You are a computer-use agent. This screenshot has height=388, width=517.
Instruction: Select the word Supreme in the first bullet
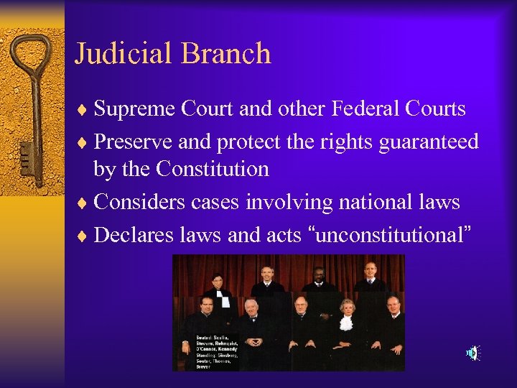click(x=136, y=109)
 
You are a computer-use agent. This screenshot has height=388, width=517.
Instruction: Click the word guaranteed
click(x=425, y=142)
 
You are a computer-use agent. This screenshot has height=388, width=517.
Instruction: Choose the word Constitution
click(x=212, y=170)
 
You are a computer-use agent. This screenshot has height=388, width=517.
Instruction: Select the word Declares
click(x=136, y=234)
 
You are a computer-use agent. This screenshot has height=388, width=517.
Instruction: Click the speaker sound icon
click(x=472, y=352)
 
